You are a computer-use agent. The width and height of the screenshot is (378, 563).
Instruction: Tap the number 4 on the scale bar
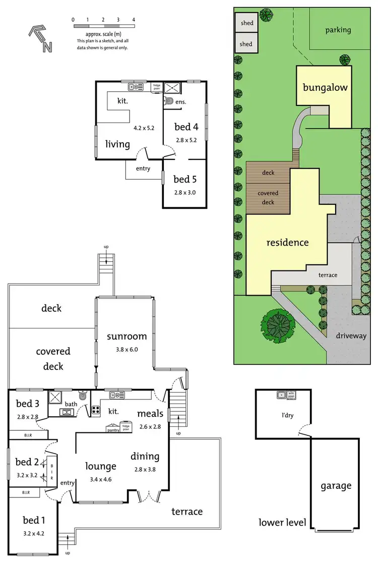point(134,19)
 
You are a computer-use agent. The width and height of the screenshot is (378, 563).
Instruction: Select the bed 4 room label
point(186,127)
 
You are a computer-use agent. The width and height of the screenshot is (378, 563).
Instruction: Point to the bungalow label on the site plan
point(325,87)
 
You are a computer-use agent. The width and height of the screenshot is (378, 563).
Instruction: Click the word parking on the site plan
point(338,30)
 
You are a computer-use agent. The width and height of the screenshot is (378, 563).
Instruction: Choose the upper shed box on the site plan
point(246,23)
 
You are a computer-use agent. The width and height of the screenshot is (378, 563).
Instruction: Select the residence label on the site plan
point(287,242)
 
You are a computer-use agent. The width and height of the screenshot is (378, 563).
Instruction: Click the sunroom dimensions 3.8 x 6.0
point(127,349)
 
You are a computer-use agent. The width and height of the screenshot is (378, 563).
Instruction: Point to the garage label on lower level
point(336,486)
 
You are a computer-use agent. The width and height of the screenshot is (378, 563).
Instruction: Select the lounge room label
point(101,466)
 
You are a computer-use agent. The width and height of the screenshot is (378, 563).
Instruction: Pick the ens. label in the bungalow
point(180,102)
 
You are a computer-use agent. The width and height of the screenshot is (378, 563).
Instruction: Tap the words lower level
point(282,522)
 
